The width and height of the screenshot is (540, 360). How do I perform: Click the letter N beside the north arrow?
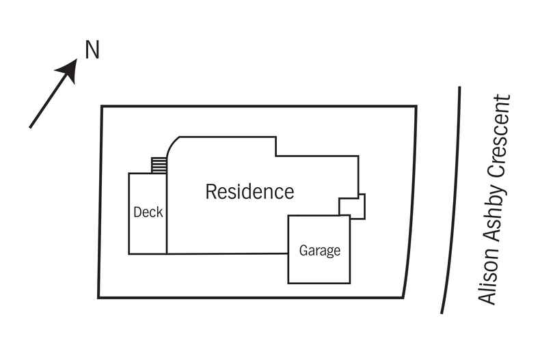tap(92, 51)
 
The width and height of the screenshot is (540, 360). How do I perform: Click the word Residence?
tap(249, 191)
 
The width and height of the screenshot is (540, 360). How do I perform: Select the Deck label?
tap(148, 212)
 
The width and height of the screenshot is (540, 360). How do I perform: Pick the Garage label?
tap(319, 250)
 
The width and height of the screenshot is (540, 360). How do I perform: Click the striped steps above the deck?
tap(159, 165)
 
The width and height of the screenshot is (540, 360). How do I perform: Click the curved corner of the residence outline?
tap(174, 143)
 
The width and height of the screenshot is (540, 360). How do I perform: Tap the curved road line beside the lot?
tap(453, 198)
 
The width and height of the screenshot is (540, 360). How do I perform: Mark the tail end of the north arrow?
tap(31, 126)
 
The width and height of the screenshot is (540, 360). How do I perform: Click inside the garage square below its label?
tap(319, 270)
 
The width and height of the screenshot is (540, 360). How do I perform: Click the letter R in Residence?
tap(211, 191)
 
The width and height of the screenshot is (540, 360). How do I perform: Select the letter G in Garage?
tap(303, 250)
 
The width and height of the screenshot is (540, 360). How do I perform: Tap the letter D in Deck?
tap(137, 212)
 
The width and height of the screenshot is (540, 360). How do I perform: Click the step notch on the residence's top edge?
tap(276, 147)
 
